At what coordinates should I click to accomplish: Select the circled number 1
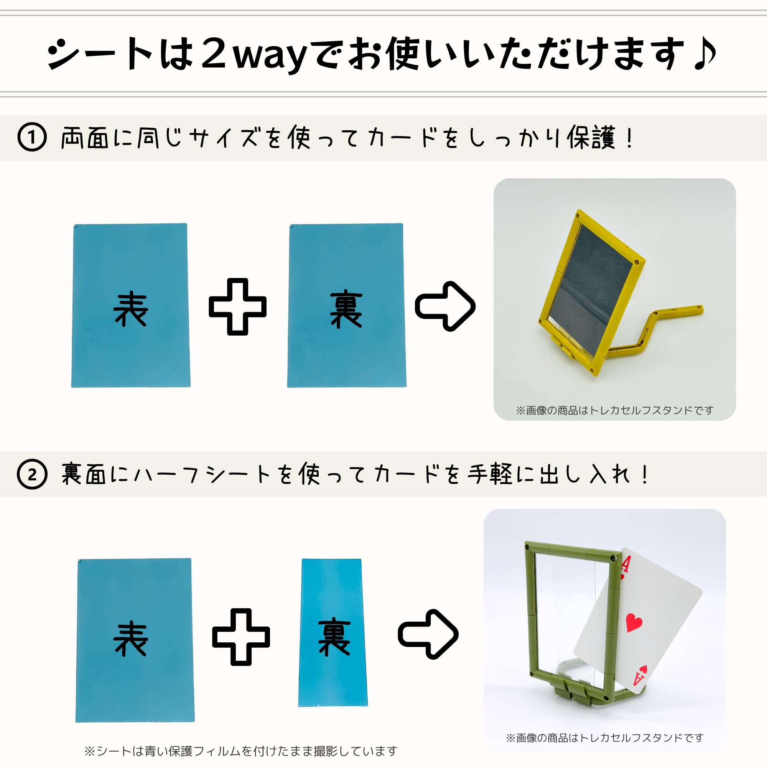[32, 138]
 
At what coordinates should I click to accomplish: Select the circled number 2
[32, 474]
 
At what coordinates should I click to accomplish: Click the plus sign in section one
[237, 306]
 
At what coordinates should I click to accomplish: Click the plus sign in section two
[241, 637]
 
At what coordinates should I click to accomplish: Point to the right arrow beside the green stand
[428, 634]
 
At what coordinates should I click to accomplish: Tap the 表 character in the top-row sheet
[131, 309]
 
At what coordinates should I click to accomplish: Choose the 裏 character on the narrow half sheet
[334, 638]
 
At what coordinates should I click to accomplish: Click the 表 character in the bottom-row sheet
[131, 639]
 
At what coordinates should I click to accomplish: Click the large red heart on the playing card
[634, 622]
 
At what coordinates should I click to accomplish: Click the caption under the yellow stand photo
[614, 410]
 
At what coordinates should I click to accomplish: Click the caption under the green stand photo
[604, 737]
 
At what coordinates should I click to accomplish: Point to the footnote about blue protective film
[240, 751]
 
